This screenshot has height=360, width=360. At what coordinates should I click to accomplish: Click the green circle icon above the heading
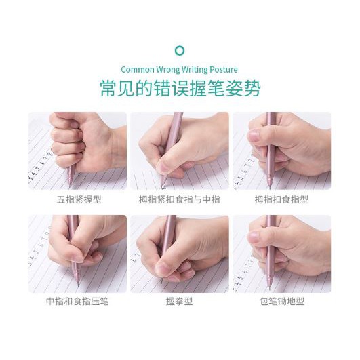click(x=180, y=51)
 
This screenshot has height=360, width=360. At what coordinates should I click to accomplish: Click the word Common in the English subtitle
click(x=138, y=70)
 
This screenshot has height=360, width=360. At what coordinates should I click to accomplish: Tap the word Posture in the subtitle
click(x=224, y=70)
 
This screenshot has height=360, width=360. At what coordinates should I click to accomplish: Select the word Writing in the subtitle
click(x=195, y=70)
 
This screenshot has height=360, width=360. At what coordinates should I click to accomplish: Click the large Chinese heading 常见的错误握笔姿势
click(x=180, y=88)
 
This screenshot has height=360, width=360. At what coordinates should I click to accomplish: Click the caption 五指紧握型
click(x=79, y=199)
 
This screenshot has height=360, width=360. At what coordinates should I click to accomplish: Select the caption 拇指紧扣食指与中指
click(x=180, y=199)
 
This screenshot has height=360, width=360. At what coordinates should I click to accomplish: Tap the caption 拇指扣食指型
click(x=281, y=199)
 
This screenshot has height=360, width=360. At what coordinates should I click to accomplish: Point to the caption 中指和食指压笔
click(x=77, y=301)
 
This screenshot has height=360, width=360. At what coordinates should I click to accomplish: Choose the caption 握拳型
click(x=179, y=301)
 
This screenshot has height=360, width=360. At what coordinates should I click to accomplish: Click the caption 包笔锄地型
click(x=282, y=301)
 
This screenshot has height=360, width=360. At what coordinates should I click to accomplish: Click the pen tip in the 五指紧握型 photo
click(x=70, y=186)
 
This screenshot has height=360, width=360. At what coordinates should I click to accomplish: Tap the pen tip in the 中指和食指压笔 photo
click(x=78, y=285)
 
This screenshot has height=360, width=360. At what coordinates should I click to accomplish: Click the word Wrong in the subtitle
click(x=168, y=70)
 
